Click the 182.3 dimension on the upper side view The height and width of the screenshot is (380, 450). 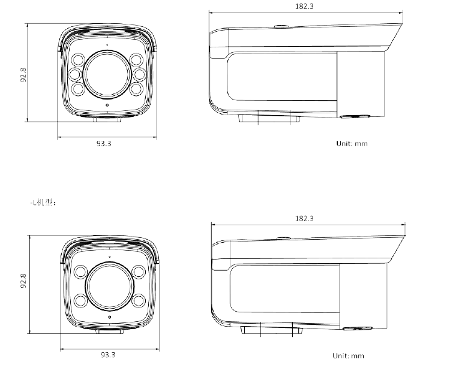point(304,7)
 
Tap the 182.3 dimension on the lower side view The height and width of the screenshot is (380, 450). point(304,219)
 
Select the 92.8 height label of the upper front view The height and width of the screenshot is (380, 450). point(23,75)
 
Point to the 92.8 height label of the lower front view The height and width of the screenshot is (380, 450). point(23,281)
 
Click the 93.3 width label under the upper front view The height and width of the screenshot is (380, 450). point(104,143)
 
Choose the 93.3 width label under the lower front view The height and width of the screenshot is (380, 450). point(108,355)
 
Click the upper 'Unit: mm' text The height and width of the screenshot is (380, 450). point(352,143)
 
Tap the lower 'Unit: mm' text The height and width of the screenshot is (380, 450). point(348,355)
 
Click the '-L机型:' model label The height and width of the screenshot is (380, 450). point(43,203)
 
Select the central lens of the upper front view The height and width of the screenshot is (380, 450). point(107,74)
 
